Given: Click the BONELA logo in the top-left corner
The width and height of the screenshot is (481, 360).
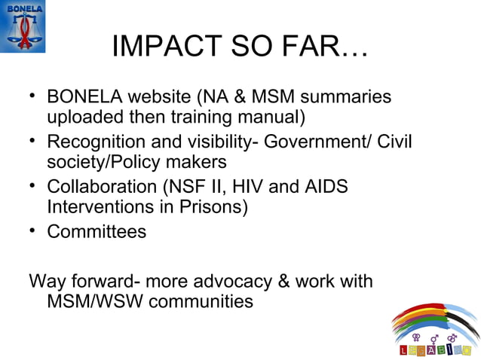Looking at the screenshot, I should click(23, 26).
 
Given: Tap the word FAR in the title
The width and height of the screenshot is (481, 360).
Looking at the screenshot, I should click(329, 48).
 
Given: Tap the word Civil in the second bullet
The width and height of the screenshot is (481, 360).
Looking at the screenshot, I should click(394, 142).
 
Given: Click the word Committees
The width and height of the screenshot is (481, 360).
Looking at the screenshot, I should click(97, 231).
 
